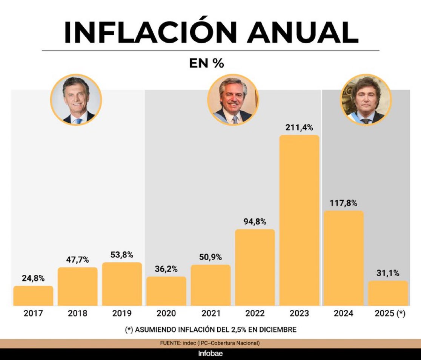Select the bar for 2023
pyautogui.click(x=299, y=221)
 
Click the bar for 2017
pyautogui.click(x=33, y=296)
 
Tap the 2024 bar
pyautogui.click(x=344, y=258)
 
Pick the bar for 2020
pyautogui.click(x=166, y=291)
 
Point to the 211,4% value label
pyautogui.click(x=299, y=128)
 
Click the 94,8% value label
pyautogui.click(x=255, y=222)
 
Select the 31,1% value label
pyautogui.click(x=388, y=273)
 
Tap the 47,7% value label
pyautogui.click(x=77, y=260)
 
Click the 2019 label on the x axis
pyautogui.click(x=122, y=314)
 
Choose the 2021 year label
pyautogui.click(x=210, y=314)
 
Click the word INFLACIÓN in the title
pyautogui.click(x=150, y=33)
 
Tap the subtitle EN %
pyautogui.click(x=207, y=64)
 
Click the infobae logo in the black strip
pyautogui.click(x=210, y=354)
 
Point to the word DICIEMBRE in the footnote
pyautogui.click(x=275, y=329)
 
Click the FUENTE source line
pyautogui.click(x=210, y=343)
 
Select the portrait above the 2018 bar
pyautogui.click(x=76, y=100)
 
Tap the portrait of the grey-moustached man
pyautogui.click(x=233, y=100)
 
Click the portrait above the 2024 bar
pyautogui.click(x=366, y=100)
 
